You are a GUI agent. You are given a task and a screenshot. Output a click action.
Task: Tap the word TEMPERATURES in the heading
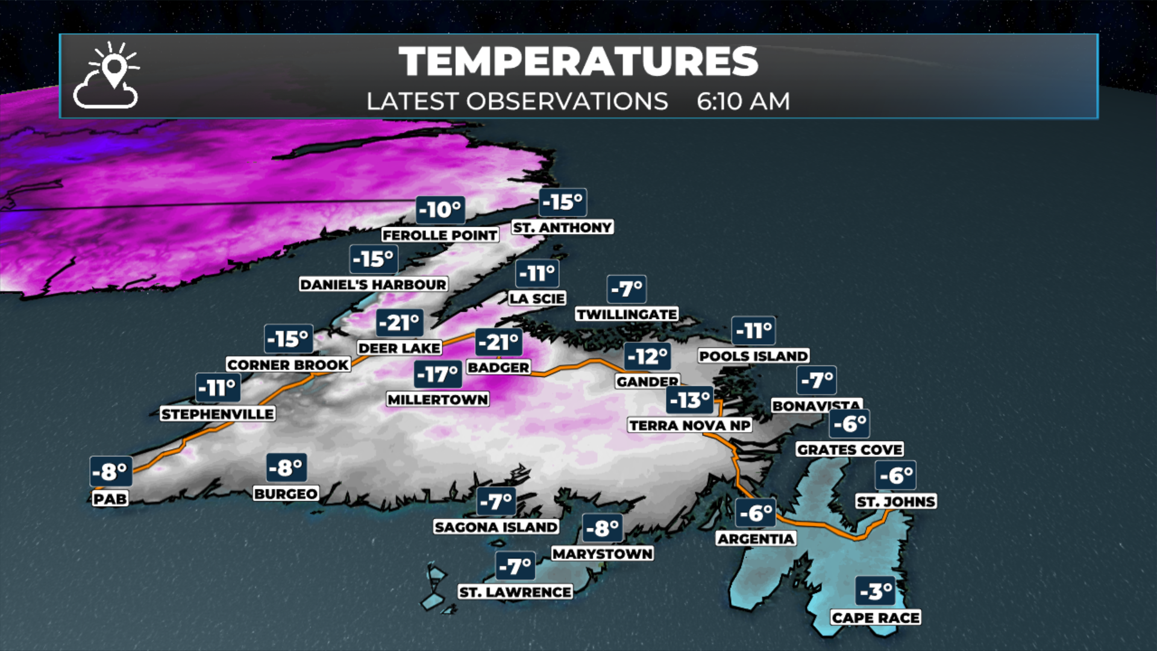click(x=578, y=61)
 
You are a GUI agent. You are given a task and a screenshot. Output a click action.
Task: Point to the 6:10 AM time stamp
click(x=743, y=101)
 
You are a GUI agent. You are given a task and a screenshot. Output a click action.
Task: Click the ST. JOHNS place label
click(x=896, y=502)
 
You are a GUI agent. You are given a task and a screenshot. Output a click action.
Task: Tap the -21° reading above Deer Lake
click(x=400, y=323)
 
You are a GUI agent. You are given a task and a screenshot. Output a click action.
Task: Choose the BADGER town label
click(x=498, y=367)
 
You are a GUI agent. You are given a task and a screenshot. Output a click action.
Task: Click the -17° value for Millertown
click(x=438, y=374)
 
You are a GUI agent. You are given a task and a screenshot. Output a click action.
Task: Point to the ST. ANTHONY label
click(x=562, y=227)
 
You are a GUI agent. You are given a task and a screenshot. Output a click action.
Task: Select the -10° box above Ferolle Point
click(x=441, y=210)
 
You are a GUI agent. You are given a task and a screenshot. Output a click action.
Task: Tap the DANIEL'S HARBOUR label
click(x=374, y=284)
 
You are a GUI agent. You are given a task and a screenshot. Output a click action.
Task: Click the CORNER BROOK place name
click(x=288, y=365)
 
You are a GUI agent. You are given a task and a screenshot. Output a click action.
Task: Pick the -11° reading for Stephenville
click(x=218, y=388)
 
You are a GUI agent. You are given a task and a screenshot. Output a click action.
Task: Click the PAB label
click(x=110, y=498)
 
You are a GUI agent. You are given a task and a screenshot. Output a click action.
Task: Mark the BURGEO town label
click(x=286, y=494)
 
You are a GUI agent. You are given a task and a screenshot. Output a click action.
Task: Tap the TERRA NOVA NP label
click(x=690, y=425)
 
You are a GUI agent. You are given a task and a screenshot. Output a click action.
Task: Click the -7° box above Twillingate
click(x=627, y=289)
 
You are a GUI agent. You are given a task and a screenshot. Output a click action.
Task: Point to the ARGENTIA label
click(x=756, y=538)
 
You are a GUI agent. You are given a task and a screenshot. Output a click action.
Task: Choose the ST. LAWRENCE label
click(x=515, y=592)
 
